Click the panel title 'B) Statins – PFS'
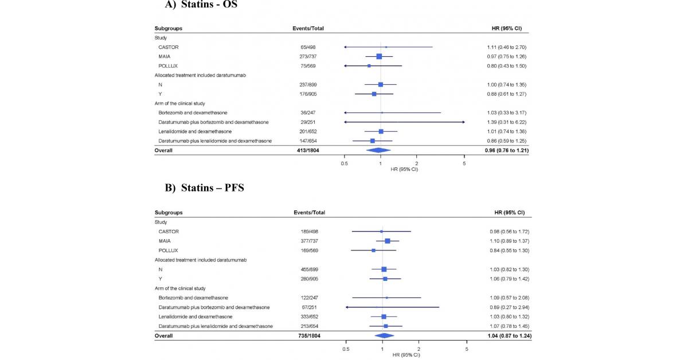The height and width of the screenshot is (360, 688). [x=205, y=187]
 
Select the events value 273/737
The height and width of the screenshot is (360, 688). [x=304, y=56]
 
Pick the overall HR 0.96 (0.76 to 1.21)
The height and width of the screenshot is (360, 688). [x=503, y=150]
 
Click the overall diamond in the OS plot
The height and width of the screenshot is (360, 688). [x=378, y=150]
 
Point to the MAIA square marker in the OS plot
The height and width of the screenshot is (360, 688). [x=379, y=56]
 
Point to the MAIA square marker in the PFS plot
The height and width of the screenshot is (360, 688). [x=388, y=241]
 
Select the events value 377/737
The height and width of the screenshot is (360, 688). [x=304, y=241]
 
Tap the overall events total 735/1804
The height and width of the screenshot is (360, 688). [x=304, y=335]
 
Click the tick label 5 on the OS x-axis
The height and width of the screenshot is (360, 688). [x=464, y=163]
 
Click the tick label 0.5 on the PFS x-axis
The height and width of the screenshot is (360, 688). [x=346, y=349]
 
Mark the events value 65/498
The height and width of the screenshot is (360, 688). [x=304, y=47]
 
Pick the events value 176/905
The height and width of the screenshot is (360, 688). [x=304, y=94]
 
